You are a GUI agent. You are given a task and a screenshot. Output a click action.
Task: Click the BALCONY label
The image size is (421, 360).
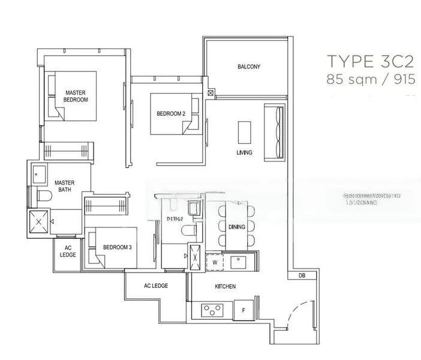click(248, 67)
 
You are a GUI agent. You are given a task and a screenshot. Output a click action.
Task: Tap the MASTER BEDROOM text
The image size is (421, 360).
click(76, 96)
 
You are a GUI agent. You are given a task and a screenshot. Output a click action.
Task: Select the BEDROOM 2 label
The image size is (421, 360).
click(171, 113)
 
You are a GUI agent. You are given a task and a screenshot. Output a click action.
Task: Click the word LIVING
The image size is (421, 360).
click(244, 153)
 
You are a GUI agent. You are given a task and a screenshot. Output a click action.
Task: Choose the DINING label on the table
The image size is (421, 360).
click(236, 226)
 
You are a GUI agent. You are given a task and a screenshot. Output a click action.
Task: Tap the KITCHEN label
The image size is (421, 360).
click(225, 287)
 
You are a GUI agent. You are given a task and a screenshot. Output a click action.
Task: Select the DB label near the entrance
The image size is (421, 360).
click(301, 276)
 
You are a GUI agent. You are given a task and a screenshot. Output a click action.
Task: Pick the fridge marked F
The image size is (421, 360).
click(243, 310)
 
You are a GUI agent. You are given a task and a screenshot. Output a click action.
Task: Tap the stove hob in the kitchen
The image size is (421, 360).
click(212, 310)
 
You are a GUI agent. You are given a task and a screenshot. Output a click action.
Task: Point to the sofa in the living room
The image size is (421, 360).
click(275, 131)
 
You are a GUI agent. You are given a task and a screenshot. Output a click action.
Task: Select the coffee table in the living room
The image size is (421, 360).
click(244, 131)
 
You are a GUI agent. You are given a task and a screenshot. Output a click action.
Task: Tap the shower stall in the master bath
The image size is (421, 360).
click(39, 221)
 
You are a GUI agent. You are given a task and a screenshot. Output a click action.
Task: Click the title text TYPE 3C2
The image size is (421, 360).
click(370, 62)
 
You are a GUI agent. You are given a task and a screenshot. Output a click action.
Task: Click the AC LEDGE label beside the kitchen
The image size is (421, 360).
click(155, 286)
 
